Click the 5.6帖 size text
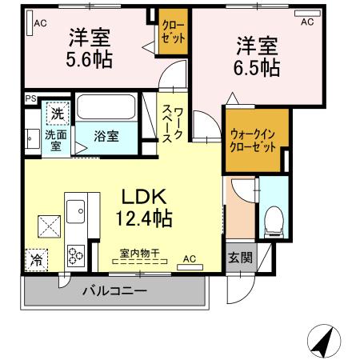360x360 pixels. [90, 58]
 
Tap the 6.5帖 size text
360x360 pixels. [256, 68]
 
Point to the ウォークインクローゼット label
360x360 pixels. [253, 142]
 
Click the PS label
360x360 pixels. [30, 99]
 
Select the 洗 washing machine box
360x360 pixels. [57, 114]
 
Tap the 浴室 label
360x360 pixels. [107, 136]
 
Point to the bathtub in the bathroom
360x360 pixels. [109, 108]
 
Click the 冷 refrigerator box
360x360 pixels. [37, 258]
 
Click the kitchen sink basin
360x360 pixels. [77, 214]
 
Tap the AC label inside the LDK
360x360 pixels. [190, 258]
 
